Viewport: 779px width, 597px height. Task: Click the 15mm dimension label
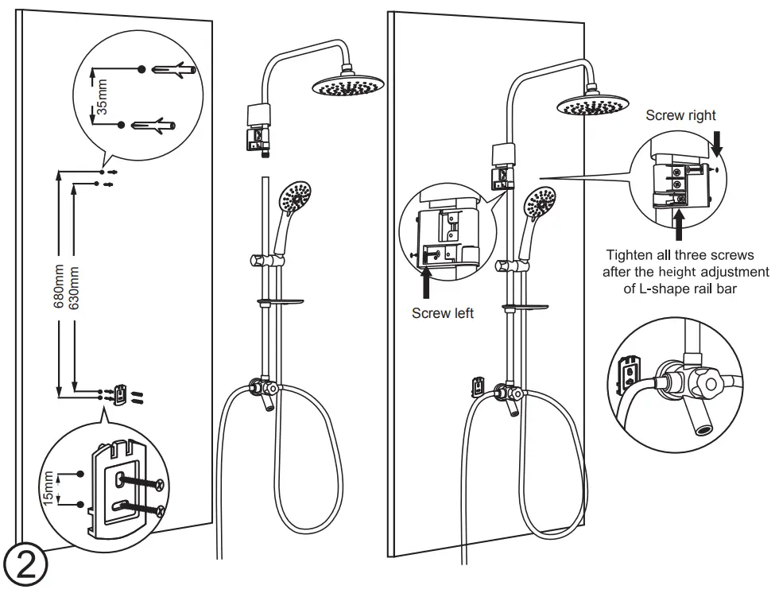click(49, 487)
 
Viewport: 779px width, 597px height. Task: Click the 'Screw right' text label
click(680, 115)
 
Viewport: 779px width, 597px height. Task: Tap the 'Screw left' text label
click(443, 313)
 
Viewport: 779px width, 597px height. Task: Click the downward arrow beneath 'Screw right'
click(717, 145)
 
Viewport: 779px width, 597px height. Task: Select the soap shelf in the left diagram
click(280, 301)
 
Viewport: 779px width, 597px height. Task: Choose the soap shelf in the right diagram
click(525, 306)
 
